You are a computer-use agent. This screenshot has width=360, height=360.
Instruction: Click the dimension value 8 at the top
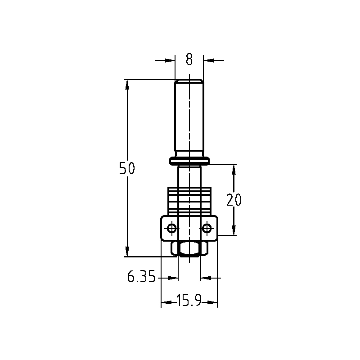pos(189,59)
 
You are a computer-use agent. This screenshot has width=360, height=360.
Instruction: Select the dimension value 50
pos(127,168)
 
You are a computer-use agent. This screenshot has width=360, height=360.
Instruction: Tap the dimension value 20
pos(234,199)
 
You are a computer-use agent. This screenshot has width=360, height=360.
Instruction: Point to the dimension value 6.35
pos(141,276)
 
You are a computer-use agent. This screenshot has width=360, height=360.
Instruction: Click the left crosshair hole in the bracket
pos(172,229)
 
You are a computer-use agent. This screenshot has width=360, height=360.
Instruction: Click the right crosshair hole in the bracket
pos(207,229)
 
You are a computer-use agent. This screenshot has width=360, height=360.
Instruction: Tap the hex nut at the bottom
pos(189,249)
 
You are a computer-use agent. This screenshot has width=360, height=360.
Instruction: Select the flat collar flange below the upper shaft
pos(189,161)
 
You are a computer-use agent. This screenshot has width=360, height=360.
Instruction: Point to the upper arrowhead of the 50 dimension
pos(127,85)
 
